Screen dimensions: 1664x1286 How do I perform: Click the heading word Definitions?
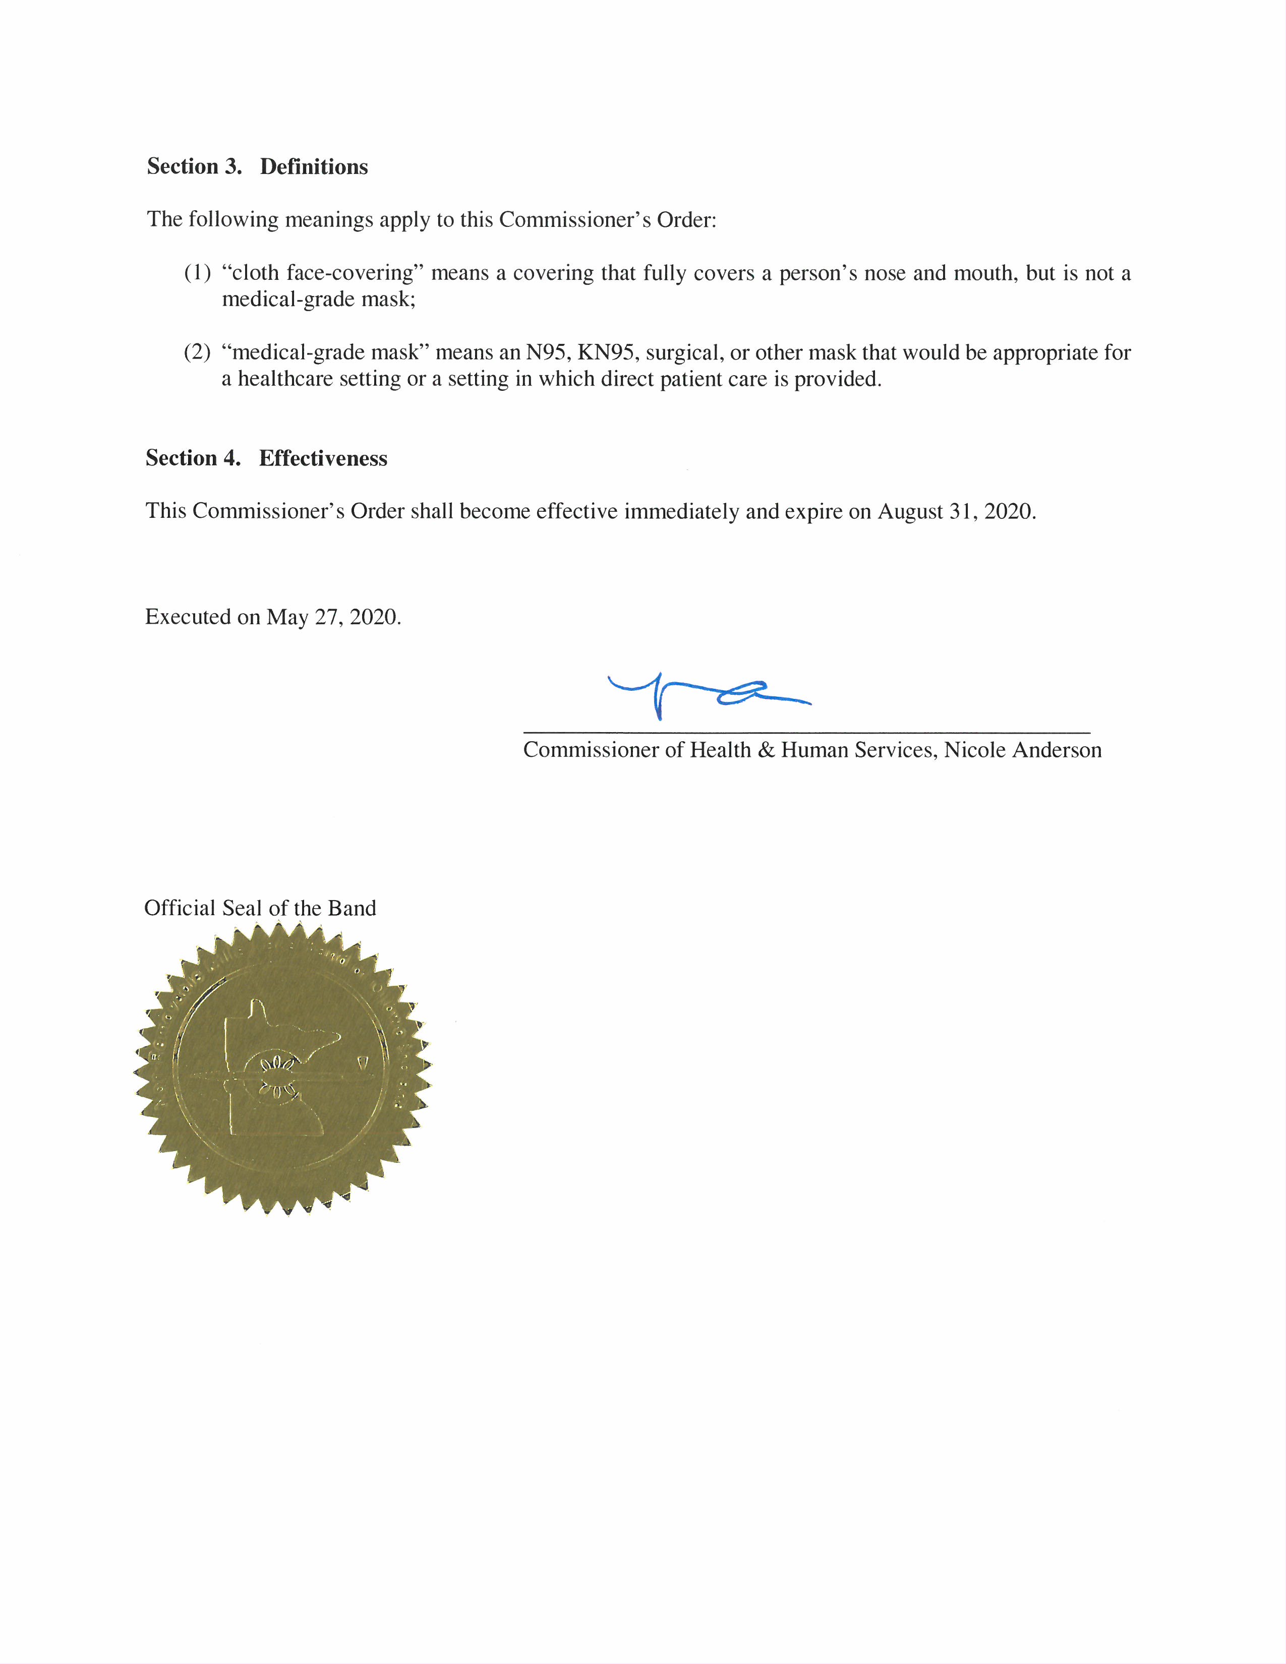(313, 167)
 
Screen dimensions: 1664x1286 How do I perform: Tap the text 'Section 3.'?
(194, 167)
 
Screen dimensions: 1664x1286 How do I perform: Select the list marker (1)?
(197, 273)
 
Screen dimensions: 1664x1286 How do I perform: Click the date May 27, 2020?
(332, 617)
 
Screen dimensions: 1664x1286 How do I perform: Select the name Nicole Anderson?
(1022, 750)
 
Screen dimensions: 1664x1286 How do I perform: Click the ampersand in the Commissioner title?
(765, 750)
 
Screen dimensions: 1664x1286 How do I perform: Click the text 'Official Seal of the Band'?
(260, 908)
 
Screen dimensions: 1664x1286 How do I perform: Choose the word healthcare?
(285, 379)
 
